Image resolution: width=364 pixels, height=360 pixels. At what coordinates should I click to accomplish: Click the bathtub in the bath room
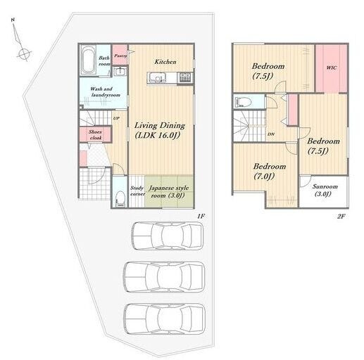[88, 60]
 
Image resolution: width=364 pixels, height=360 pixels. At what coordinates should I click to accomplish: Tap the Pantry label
[120, 56]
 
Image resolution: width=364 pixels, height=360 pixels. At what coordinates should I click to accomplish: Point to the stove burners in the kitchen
[185, 77]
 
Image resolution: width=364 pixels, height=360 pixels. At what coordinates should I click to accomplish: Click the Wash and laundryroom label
[105, 92]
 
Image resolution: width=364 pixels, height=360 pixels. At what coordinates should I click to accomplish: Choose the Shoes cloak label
[95, 135]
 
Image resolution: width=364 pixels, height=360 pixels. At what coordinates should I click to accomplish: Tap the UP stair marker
[116, 118]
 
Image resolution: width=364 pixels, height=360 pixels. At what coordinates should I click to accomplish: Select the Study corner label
[137, 191]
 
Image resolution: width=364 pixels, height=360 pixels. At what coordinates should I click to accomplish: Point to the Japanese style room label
[168, 192]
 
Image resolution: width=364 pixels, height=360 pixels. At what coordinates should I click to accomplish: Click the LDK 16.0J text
[158, 135]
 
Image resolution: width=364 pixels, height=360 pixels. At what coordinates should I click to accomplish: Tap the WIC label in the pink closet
[332, 67]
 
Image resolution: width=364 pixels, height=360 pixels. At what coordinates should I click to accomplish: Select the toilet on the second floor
[243, 102]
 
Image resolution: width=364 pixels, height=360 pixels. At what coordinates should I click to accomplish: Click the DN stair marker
[271, 134]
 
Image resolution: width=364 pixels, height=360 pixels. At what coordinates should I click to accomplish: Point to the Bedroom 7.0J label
[270, 171]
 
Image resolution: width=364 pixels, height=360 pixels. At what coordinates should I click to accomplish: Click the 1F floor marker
[201, 216]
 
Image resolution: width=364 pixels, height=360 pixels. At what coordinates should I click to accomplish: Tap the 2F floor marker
[341, 216]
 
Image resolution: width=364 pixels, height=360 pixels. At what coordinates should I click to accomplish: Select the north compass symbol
[20, 40]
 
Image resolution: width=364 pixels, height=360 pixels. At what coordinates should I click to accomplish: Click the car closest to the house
[168, 236]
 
